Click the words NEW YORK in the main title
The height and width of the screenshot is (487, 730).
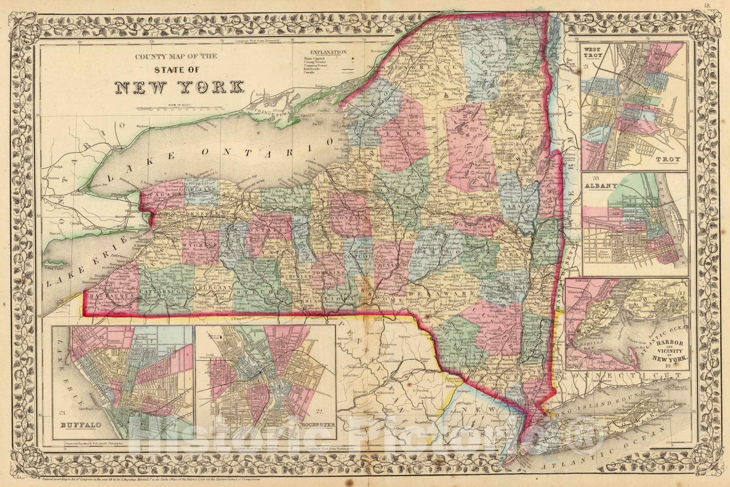(x=179, y=86)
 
